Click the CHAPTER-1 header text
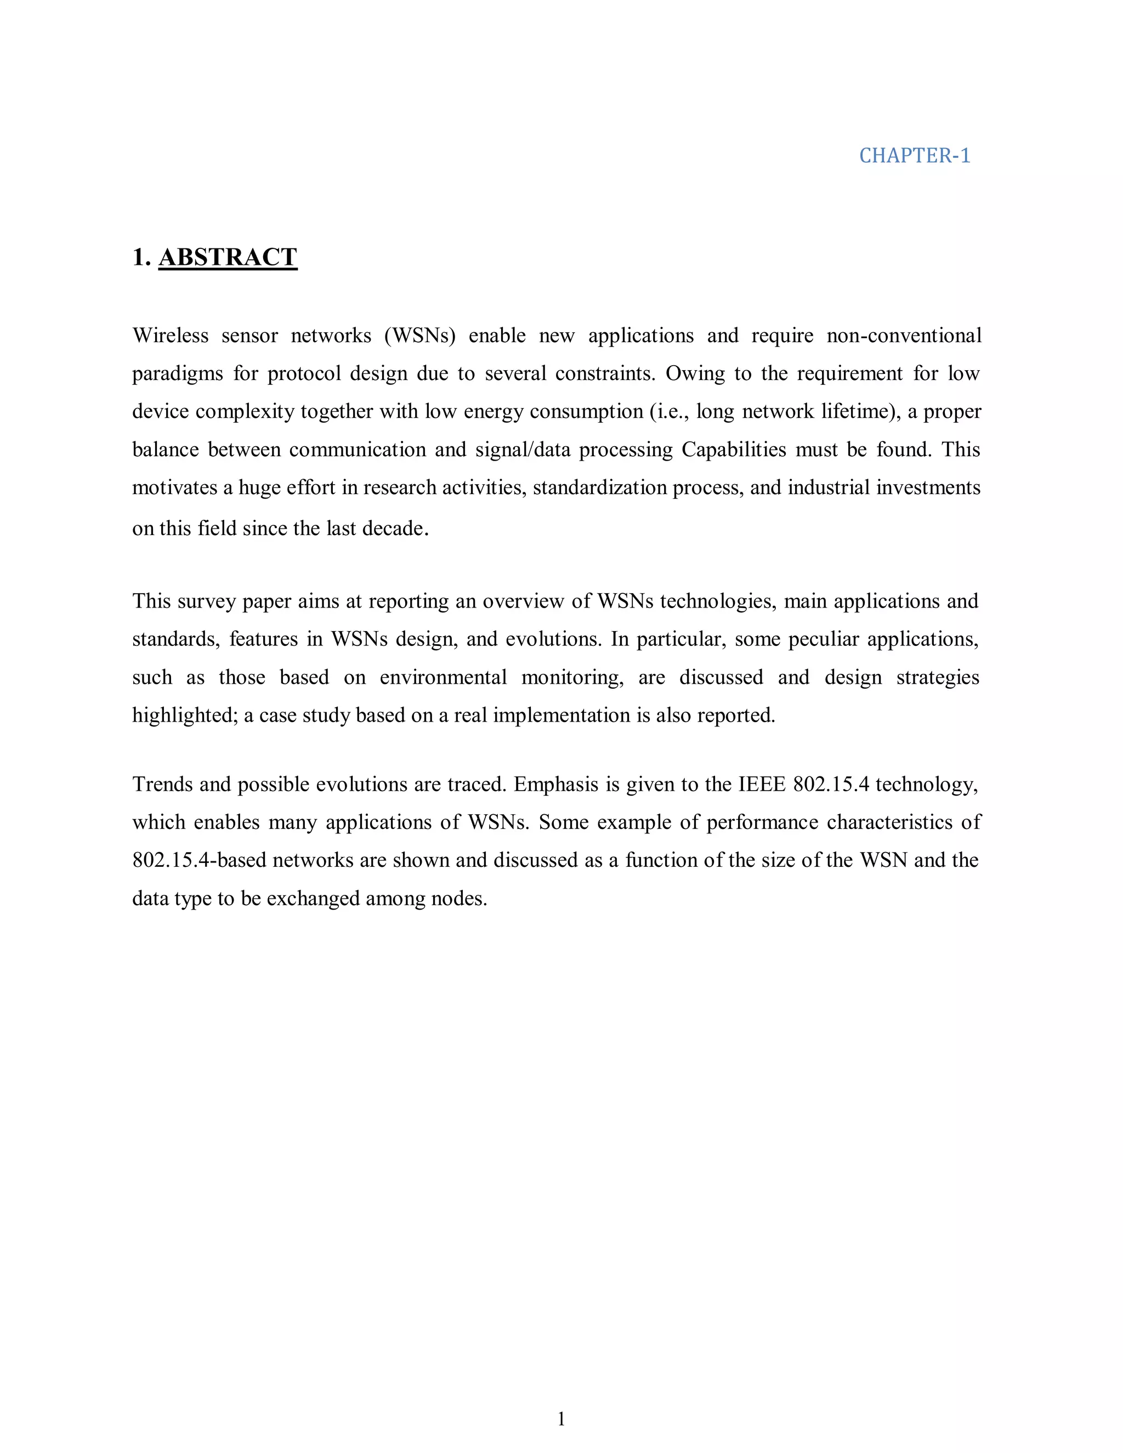pyautogui.click(x=914, y=156)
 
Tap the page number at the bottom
pyautogui.click(x=561, y=1418)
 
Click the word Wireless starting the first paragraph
pyautogui.click(x=171, y=336)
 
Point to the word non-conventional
pyautogui.click(x=904, y=336)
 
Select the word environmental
pyautogui.click(x=443, y=677)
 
